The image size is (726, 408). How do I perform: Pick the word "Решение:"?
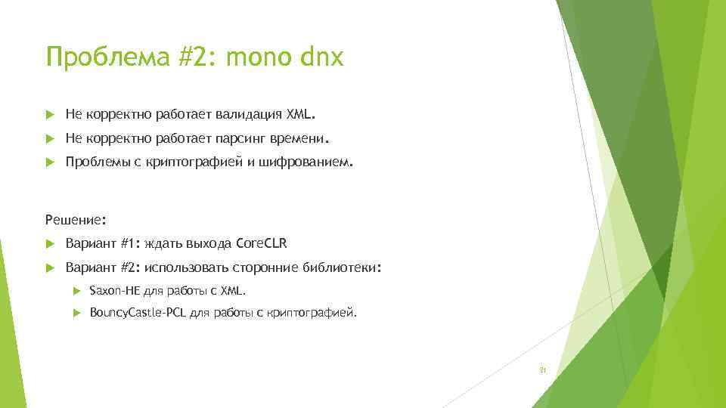click(76, 221)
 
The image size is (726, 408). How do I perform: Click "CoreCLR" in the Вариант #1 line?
click(262, 244)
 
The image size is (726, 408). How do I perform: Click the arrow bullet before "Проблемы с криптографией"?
click(51, 162)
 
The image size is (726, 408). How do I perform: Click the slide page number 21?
click(542, 371)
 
